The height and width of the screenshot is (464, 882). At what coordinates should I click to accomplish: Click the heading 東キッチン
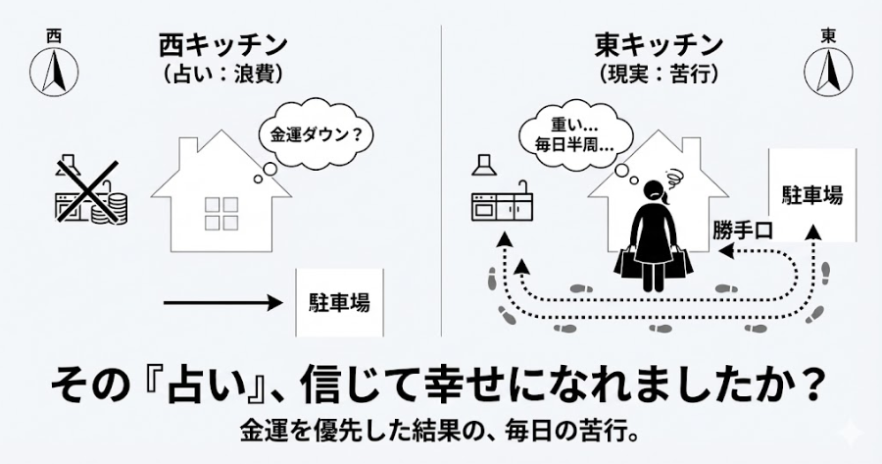pyautogui.click(x=659, y=45)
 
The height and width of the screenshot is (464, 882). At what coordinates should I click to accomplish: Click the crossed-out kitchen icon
pyautogui.click(x=89, y=191)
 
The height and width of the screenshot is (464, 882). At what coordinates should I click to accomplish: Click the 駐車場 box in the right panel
pyautogui.click(x=811, y=194)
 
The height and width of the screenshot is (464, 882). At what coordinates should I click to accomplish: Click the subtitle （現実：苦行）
pyautogui.click(x=659, y=75)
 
